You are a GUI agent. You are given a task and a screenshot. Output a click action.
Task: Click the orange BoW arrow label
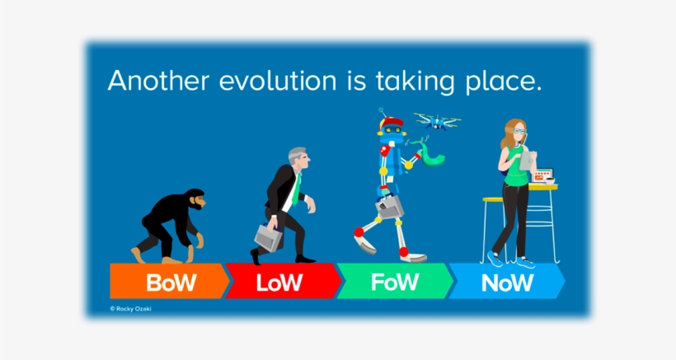tap(170, 283)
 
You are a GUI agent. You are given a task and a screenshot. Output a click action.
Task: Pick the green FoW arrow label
tap(395, 283)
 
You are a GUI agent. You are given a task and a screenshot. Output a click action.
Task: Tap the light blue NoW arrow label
tap(506, 283)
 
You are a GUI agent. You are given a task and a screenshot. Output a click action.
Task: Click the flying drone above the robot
tap(437, 121)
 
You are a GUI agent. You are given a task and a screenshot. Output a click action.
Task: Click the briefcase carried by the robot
tap(389, 208)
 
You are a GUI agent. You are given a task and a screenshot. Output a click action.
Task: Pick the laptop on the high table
tap(543, 175)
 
